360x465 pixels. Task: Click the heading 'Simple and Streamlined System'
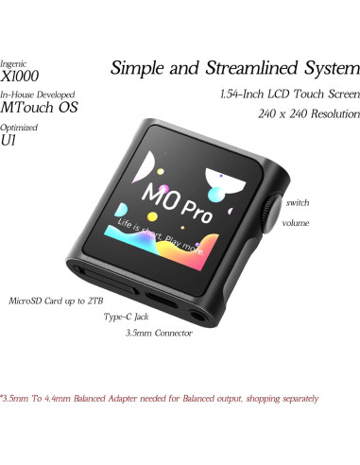pos(234,68)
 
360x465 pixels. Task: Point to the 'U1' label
pos(10,140)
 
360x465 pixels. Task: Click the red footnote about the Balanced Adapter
pos(159,398)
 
